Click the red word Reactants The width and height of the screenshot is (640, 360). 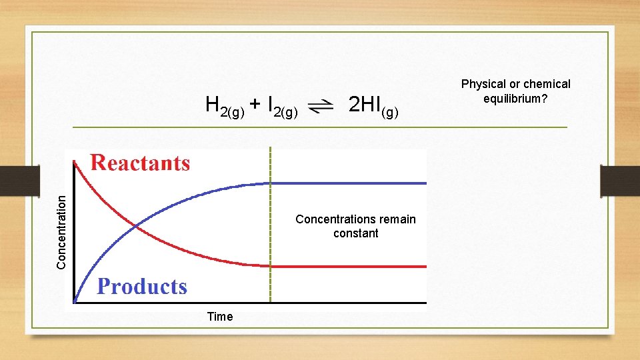pyautogui.click(x=140, y=163)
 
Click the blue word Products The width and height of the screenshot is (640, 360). pyautogui.click(x=142, y=287)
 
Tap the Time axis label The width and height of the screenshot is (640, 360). pyautogui.click(x=220, y=317)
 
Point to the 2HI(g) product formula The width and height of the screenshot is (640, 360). pyautogui.click(x=373, y=105)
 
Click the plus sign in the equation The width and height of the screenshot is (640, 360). pyautogui.click(x=255, y=104)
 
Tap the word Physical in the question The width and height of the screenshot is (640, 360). pyautogui.click(x=483, y=84)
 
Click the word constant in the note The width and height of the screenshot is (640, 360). pyautogui.click(x=356, y=233)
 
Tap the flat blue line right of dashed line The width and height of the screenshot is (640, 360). pyautogui.click(x=347, y=183)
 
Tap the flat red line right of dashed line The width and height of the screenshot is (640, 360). pyautogui.click(x=347, y=267)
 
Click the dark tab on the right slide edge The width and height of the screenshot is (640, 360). pyautogui.click(x=620, y=181)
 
